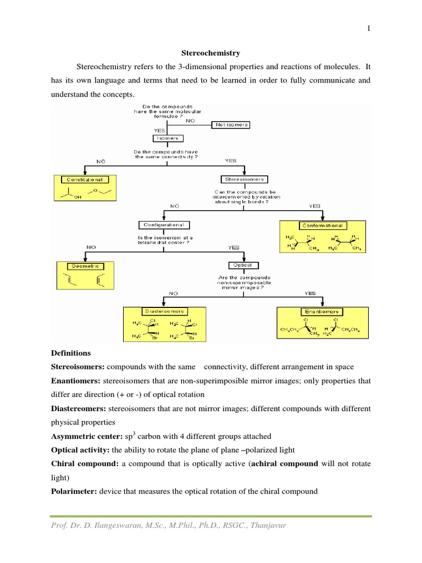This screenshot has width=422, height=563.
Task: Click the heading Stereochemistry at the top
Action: (x=210, y=53)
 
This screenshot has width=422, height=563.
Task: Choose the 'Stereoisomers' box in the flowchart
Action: (x=243, y=179)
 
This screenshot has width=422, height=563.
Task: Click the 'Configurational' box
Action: (x=164, y=225)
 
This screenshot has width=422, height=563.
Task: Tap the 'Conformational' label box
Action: (x=322, y=225)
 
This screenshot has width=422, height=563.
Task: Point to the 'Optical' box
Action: (x=243, y=265)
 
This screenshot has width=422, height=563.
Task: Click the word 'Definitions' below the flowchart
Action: (x=71, y=352)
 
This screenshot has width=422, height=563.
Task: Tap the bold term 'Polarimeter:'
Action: (x=74, y=492)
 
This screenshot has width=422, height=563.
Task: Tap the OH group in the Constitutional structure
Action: (x=76, y=200)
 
